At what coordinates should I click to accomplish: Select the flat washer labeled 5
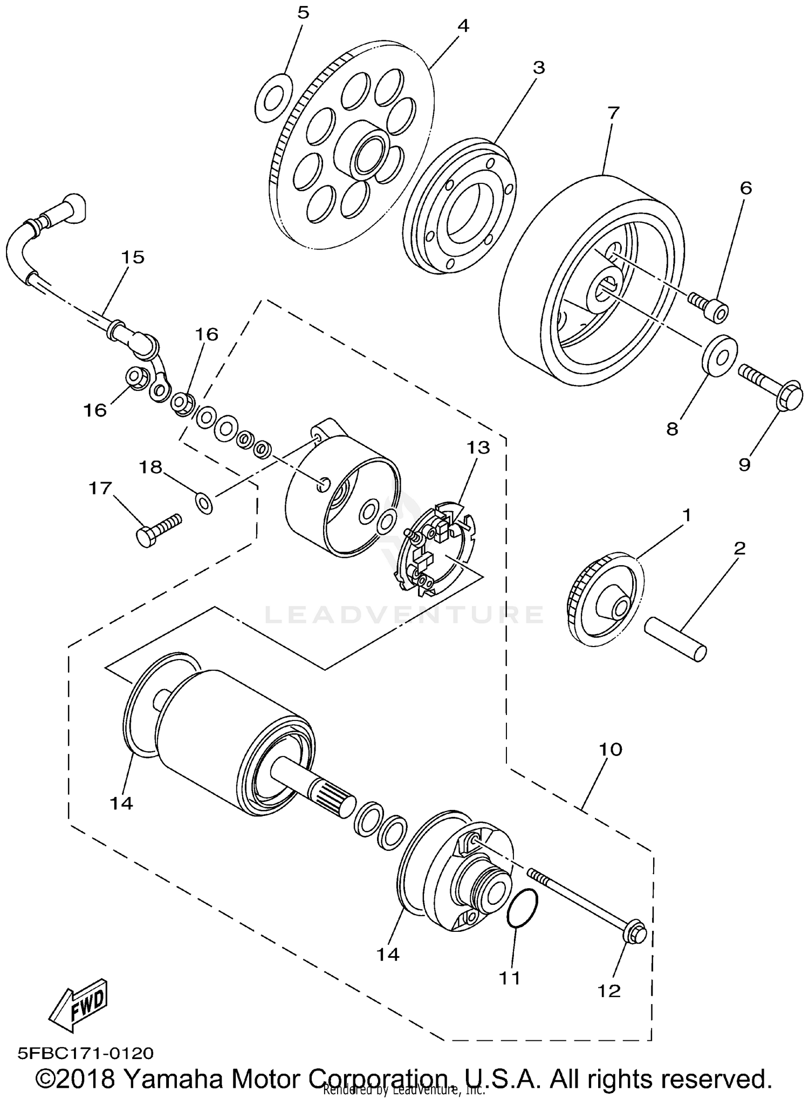click(273, 97)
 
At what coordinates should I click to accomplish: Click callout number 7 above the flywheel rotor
click(613, 113)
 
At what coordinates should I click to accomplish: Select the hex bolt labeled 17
click(156, 529)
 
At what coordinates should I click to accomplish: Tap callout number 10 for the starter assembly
click(610, 749)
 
